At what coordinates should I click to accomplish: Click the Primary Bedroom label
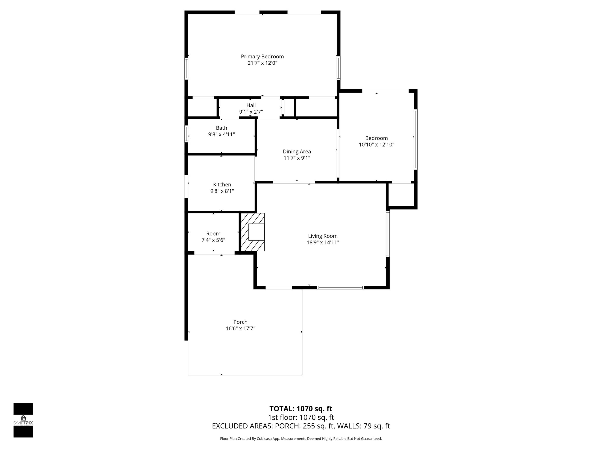point(262,57)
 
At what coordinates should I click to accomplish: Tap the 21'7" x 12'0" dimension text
point(262,63)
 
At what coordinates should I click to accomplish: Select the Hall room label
point(251,105)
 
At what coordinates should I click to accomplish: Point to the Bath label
point(221,128)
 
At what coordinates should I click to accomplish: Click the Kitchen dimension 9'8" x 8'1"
point(222,191)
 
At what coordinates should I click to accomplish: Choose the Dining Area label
point(297,151)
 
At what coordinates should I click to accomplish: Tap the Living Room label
point(323,236)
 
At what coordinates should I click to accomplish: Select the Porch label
point(240,322)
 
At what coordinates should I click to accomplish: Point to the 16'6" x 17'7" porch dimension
point(240,328)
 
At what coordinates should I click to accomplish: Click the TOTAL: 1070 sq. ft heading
point(301,409)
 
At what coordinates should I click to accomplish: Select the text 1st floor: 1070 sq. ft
point(301,417)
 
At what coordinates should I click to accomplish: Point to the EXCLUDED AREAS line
point(301,426)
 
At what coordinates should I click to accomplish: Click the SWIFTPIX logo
point(23,420)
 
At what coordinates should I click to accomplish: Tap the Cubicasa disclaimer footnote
point(301,438)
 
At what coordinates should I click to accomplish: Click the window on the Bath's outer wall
point(186,134)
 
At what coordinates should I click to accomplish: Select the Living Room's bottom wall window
point(341,287)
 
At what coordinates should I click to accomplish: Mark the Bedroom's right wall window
point(416,139)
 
